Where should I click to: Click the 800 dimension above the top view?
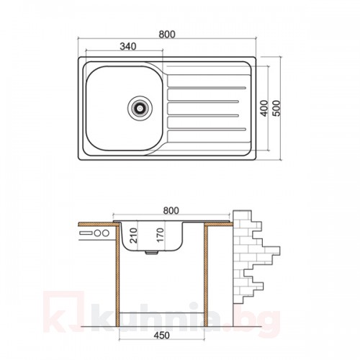(167, 35)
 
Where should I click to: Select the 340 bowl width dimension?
(128, 46)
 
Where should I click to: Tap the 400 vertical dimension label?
(264, 108)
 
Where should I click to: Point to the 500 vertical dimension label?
(276, 108)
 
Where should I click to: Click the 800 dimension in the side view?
(171, 210)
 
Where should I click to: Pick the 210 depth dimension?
(133, 235)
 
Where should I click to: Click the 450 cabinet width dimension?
(161, 336)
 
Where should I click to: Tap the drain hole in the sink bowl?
(140, 108)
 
